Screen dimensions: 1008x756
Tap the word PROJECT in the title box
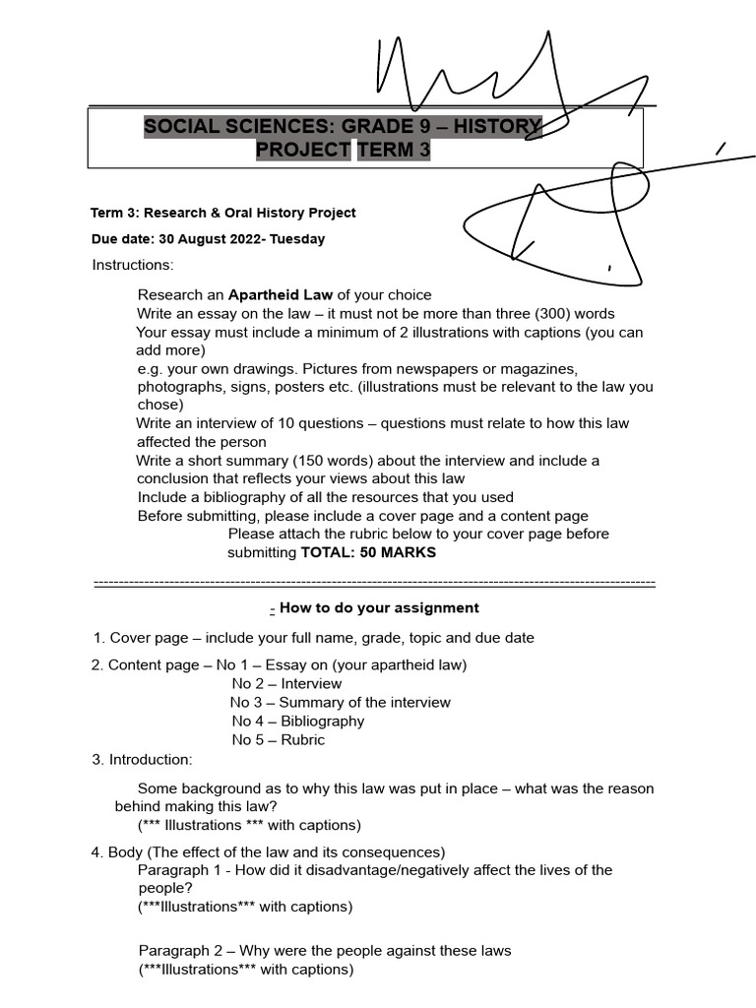click(302, 150)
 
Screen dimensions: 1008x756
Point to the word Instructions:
click(133, 265)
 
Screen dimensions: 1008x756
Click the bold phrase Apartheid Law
click(281, 294)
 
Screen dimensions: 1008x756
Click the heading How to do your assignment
click(379, 608)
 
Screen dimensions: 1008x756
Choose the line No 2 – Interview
click(286, 684)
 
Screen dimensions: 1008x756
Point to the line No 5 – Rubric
click(278, 740)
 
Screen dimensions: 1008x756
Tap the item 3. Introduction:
click(142, 759)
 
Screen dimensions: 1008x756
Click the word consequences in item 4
click(395, 852)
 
